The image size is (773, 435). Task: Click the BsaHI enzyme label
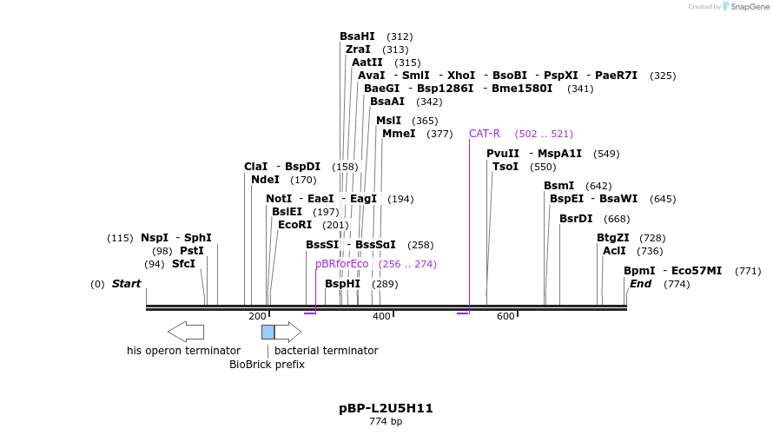[357, 36]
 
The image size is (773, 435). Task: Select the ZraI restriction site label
[358, 49]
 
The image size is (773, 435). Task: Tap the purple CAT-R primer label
[485, 134]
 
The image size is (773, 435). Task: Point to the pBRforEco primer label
[342, 264]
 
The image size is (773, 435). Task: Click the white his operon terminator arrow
[186, 332]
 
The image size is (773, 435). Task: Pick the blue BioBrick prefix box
[268, 332]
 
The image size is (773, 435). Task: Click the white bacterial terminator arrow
[287, 332]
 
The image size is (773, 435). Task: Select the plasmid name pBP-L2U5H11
[386, 408]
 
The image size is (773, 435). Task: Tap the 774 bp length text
[386, 422]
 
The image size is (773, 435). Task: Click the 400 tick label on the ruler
[381, 317]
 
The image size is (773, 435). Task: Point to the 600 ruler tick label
[505, 317]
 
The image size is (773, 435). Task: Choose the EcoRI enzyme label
[294, 225]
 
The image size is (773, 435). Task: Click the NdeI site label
[265, 180]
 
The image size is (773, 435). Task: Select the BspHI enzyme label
[342, 284]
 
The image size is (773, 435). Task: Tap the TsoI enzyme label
[505, 167]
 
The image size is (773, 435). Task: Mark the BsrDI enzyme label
[576, 219]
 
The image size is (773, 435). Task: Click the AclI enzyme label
[614, 251]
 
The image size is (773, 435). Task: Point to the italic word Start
[126, 284]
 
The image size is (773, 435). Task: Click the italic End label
[640, 284]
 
